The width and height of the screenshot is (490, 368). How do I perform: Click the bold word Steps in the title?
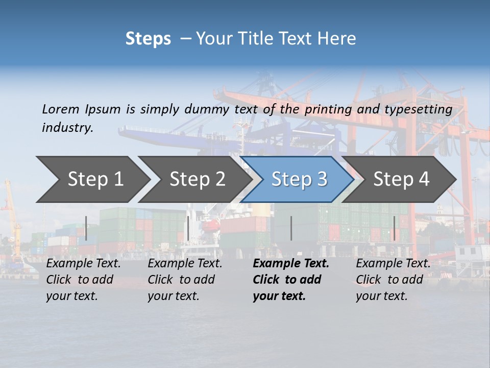148,39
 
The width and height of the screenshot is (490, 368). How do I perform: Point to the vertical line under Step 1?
86,228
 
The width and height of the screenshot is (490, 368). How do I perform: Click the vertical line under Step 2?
188,228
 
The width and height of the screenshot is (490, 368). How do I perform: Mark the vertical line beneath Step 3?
291,228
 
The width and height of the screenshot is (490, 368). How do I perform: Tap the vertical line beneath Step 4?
394,228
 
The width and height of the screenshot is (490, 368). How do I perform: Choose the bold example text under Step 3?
290,280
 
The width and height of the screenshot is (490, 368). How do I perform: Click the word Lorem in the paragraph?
60,109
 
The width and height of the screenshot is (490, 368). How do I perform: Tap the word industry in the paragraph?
67,128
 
